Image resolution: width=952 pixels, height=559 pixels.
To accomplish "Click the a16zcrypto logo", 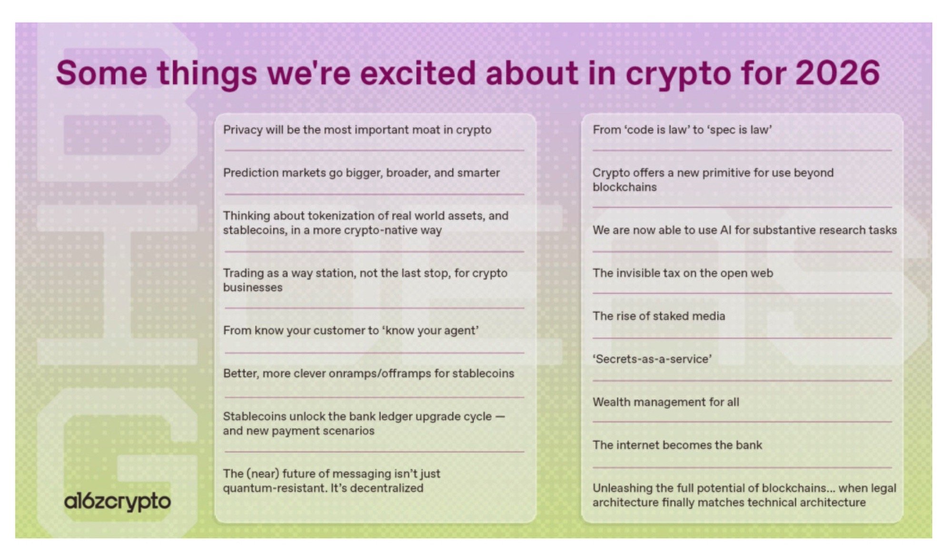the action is pos(118,502).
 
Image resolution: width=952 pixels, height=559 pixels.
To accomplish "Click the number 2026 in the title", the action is pos(837,73).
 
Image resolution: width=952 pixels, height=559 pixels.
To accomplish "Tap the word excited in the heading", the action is pos(417,73).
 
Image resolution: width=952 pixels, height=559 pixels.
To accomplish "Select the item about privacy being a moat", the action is pos(357,130).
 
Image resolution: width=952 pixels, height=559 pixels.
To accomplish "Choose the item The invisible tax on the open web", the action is pos(683,273).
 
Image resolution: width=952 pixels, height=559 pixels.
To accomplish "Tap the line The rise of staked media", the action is pos(659,316).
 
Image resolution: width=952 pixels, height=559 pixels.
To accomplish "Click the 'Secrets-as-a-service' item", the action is pos(652,359).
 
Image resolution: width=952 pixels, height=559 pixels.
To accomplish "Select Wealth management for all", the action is pos(666,402).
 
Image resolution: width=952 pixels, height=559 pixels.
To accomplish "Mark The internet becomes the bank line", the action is pos(677,445).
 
